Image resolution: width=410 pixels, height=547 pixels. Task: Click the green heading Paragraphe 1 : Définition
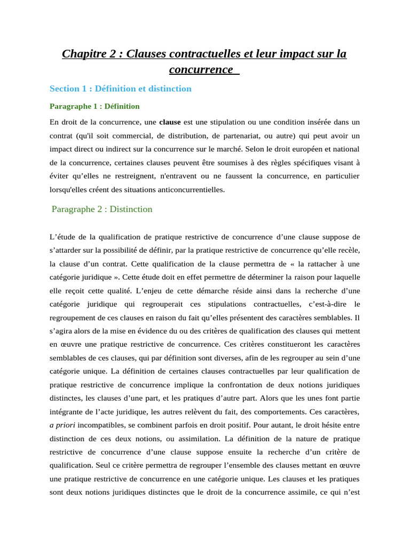coord(94,106)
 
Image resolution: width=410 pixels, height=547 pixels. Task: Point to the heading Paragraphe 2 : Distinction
coord(102,209)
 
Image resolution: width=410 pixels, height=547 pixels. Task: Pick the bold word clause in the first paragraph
coord(170,122)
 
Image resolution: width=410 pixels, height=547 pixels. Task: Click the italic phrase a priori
coord(62,425)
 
